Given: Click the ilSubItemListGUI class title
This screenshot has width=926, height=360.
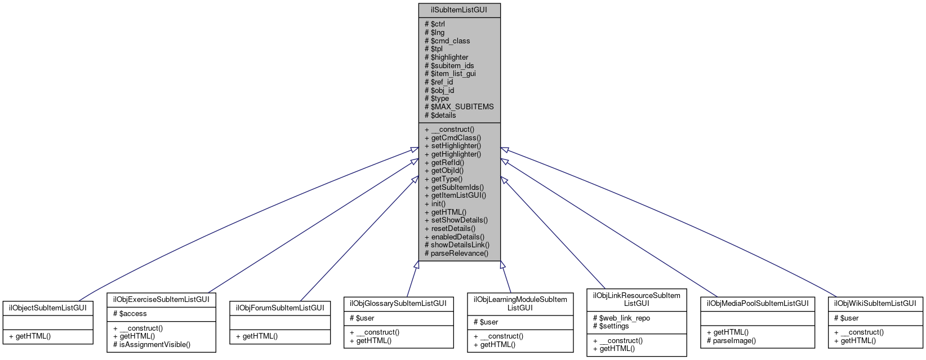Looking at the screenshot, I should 459,10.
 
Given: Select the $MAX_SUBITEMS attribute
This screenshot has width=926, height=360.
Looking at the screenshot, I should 459,106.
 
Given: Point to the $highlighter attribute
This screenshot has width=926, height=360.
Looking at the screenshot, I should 449,57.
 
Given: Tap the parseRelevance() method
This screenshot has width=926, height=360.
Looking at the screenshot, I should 460,254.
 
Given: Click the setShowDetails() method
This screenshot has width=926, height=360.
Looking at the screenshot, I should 459,220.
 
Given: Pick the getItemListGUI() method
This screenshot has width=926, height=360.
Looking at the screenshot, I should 458,195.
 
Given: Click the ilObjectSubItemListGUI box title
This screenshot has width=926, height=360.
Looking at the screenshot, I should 47,308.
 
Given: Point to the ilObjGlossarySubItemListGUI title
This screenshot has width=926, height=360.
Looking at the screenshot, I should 398,303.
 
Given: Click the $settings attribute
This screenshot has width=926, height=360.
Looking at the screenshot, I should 614,326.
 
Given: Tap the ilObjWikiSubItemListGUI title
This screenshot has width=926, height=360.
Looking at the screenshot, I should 875,303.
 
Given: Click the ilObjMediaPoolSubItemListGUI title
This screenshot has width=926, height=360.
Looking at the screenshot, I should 757,303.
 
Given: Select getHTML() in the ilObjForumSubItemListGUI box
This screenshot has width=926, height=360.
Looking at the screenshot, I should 260,336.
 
